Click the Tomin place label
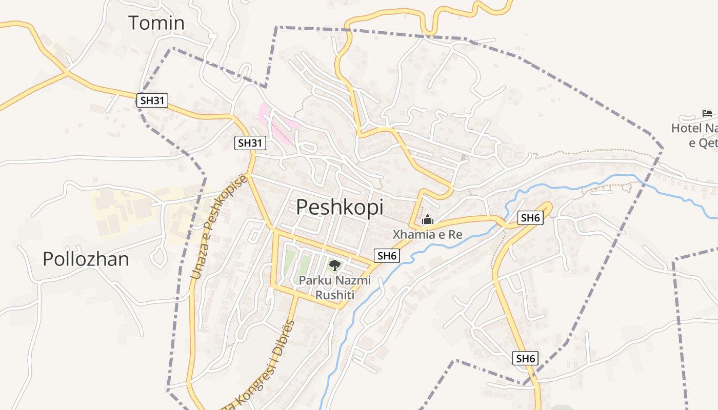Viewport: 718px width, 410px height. click(x=156, y=23)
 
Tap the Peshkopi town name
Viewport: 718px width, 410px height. click(x=340, y=207)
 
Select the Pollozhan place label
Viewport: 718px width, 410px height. click(x=86, y=259)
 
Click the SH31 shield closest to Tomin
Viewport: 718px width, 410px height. click(x=153, y=100)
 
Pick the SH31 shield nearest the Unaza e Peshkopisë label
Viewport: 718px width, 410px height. click(x=250, y=143)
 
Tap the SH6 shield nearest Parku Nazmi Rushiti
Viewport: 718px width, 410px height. click(x=387, y=256)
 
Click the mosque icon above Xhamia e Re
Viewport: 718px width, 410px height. click(x=427, y=220)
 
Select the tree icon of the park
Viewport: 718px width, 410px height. click(x=334, y=265)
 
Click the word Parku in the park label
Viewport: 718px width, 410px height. click(x=314, y=281)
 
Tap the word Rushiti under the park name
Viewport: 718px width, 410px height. click(x=334, y=295)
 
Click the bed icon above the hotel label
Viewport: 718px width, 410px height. click(x=707, y=113)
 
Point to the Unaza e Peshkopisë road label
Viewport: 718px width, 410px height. click(x=219, y=227)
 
